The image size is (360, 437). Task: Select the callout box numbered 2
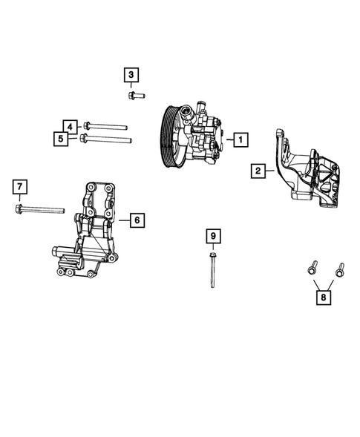coord(258,171)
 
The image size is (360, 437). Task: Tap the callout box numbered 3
coord(131,75)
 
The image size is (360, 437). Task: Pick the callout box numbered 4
coord(68,126)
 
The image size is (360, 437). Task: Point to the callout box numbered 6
coord(136,220)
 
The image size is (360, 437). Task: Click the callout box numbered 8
coord(324,298)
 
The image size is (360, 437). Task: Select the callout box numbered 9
coord(212,236)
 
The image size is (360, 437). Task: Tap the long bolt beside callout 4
coord(108,126)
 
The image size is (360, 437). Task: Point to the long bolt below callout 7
coord(45,210)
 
